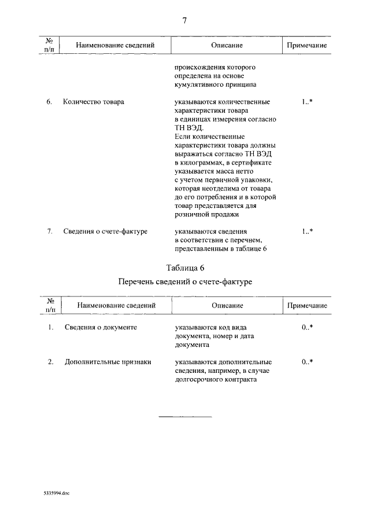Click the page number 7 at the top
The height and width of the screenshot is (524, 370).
(185, 20)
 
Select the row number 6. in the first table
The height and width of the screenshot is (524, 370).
(50, 102)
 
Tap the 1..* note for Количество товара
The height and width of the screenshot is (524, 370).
(307, 102)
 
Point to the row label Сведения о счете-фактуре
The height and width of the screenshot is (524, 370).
(105, 232)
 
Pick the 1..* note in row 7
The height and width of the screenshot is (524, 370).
(307, 232)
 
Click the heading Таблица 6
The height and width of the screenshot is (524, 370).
(185, 268)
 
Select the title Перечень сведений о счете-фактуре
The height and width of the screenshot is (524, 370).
(185, 282)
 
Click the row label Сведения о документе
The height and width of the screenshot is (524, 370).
(101, 327)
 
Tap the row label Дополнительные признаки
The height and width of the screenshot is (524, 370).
(108, 362)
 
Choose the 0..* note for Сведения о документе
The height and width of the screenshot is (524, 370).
(307, 327)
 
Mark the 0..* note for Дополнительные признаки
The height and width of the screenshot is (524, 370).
(307, 362)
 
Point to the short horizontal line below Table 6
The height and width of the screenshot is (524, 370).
(185, 416)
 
